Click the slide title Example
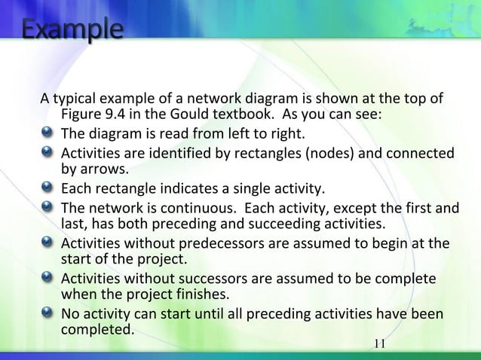coord(72,32)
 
